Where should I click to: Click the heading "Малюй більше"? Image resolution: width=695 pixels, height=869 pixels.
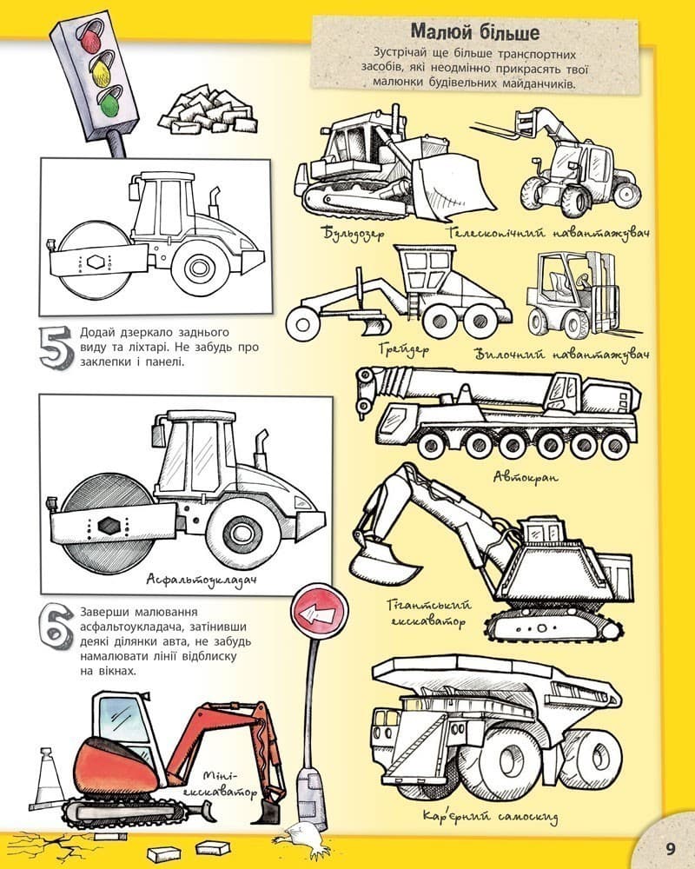coord(475,31)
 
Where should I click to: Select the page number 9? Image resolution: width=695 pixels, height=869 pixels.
coord(670,848)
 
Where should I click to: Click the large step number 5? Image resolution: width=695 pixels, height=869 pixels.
coord(56,347)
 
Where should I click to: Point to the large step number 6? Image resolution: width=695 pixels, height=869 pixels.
coord(56,627)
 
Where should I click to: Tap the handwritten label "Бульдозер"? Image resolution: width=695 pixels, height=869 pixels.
coord(354,233)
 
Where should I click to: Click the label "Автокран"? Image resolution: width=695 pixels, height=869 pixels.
coord(526,476)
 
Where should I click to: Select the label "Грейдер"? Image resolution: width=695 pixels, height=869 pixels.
coord(404,349)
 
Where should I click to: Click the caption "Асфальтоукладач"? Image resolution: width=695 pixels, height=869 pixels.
coord(202,580)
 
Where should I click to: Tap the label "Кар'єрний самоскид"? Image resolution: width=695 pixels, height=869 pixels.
coord(490,816)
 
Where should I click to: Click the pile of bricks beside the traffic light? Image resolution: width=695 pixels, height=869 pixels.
coord(208,110)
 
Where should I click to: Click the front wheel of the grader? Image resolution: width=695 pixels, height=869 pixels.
coord(302,323)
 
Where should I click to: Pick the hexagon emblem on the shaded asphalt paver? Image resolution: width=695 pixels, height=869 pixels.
coord(106,525)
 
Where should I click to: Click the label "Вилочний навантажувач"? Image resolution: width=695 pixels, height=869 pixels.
coord(562,354)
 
